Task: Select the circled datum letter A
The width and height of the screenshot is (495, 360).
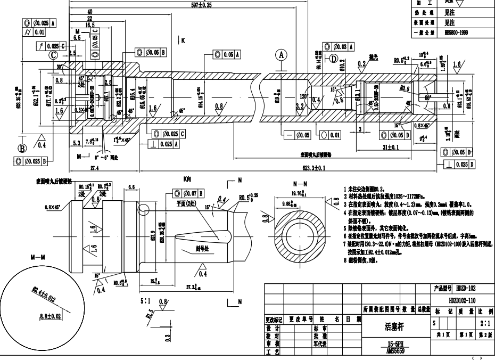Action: tap(282, 54)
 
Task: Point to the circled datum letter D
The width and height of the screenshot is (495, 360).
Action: tap(334, 59)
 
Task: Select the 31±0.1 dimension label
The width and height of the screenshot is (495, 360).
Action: tap(390, 148)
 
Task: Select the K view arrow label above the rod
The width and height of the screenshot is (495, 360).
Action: tap(183, 40)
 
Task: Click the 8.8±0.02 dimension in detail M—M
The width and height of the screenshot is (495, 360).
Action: tap(50, 316)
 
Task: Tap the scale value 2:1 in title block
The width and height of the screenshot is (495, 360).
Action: tap(485, 323)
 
